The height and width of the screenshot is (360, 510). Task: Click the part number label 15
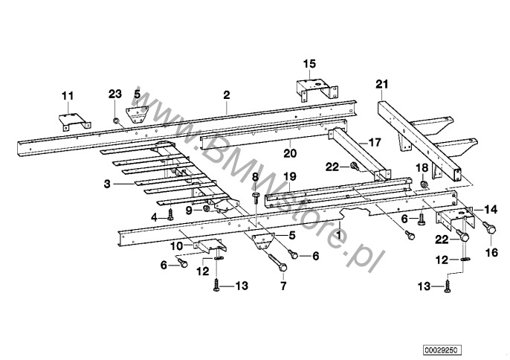(x=309, y=64)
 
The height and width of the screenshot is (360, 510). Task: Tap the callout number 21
(x=382, y=84)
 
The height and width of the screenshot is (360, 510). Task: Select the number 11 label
(x=68, y=96)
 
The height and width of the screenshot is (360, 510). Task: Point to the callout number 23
(x=114, y=94)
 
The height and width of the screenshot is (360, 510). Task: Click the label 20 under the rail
(x=290, y=153)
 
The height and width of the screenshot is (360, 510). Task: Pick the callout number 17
(x=375, y=143)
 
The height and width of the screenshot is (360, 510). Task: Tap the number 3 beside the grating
(x=107, y=184)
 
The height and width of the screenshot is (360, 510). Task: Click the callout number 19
(x=290, y=177)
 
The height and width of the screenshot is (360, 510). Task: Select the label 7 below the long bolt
(x=283, y=286)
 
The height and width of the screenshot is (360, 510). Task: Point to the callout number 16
(x=491, y=252)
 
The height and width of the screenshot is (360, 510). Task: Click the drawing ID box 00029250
(x=442, y=350)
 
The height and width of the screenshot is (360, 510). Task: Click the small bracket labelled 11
(x=75, y=122)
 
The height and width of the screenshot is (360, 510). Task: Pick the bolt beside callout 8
(x=255, y=198)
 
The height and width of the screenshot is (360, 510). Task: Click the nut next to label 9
(x=205, y=209)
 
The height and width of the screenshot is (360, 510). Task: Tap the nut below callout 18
(x=424, y=184)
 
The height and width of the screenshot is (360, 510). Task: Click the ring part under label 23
(x=115, y=121)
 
